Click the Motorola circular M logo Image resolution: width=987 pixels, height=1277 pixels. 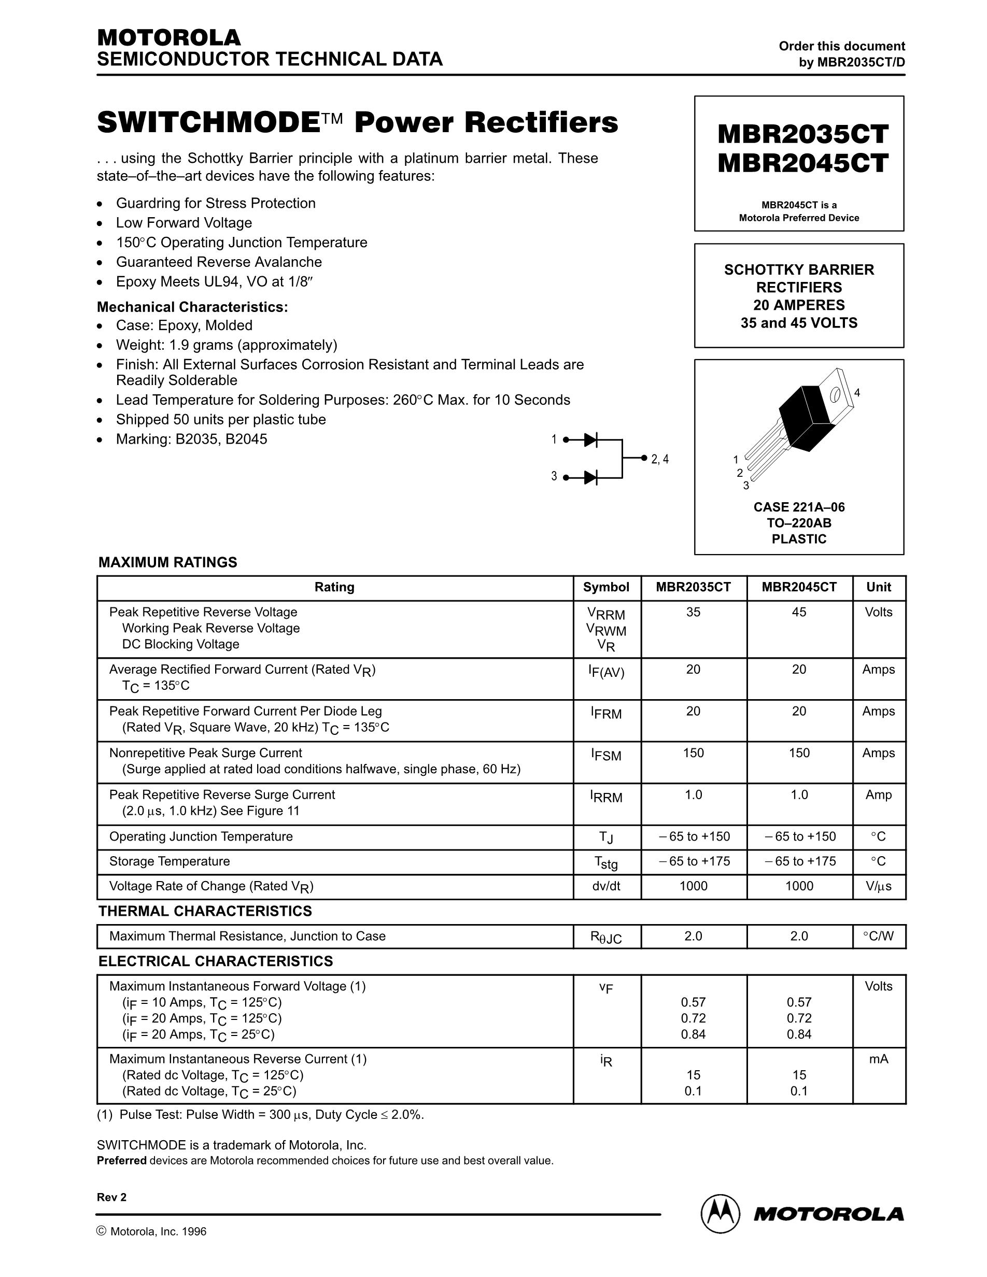[x=721, y=1213]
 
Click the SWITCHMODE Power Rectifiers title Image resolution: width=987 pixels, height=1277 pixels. [x=357, y=123]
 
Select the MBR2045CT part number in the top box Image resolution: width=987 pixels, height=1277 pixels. [x=802, y=163]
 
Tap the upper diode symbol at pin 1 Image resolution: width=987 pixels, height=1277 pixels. [x=590, y=439]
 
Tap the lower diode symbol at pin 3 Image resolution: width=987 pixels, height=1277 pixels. [x=590, y=477]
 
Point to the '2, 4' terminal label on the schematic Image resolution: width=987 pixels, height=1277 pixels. [x=659, y=460]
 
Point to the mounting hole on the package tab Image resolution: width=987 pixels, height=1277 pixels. [x=836, y=396]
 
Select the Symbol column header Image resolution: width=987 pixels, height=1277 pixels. [x=606, y=587]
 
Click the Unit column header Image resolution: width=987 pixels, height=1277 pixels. [x=878, y=587]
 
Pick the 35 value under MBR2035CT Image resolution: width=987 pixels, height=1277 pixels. [x=693, y=612]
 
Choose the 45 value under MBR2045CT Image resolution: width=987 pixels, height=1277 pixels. [x=799, y=612]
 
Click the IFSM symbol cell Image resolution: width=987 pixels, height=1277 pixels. [x=606, y=755]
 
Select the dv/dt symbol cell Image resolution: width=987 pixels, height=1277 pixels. [x=606, y=886]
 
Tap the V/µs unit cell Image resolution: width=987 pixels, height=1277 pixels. [x=878, y=886]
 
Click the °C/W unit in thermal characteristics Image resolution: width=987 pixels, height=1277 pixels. [x=878, y=936]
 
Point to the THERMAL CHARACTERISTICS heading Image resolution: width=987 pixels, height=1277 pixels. [x=205, y=911]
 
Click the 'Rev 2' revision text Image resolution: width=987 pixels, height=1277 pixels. [x=111, y=1198]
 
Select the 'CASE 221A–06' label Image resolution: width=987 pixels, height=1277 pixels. [x=799, y=507]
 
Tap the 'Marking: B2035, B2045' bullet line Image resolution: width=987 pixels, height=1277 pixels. [x=191, y=439]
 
